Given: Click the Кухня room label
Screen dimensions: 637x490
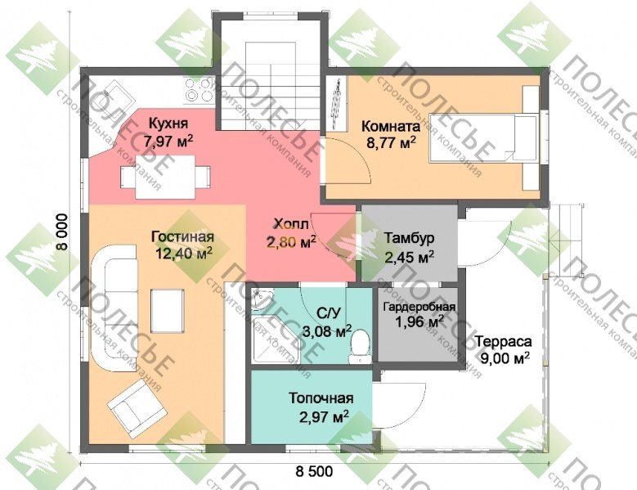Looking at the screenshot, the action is pos(168,123).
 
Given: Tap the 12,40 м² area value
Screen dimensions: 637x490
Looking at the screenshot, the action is pos(184,254).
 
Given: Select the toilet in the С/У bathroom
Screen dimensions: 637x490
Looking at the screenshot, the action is pos(360,348).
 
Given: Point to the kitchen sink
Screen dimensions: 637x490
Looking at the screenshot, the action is pos(115,96).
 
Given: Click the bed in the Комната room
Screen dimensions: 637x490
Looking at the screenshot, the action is pos(485,137).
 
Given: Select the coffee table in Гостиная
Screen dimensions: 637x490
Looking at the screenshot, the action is pos(168,311).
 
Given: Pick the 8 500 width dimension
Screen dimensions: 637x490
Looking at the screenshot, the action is pos(314,471).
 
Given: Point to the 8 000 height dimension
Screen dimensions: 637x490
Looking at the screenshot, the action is pos(63,232).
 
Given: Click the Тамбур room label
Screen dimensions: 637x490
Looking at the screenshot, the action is pos(409,238).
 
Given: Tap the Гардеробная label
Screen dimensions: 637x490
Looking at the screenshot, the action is pos(419,307).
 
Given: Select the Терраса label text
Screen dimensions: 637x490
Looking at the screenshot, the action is pos(504,341).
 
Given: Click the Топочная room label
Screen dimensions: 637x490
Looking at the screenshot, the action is pos(321,398).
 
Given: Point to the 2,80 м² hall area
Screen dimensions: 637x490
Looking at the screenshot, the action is pos(291,242).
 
